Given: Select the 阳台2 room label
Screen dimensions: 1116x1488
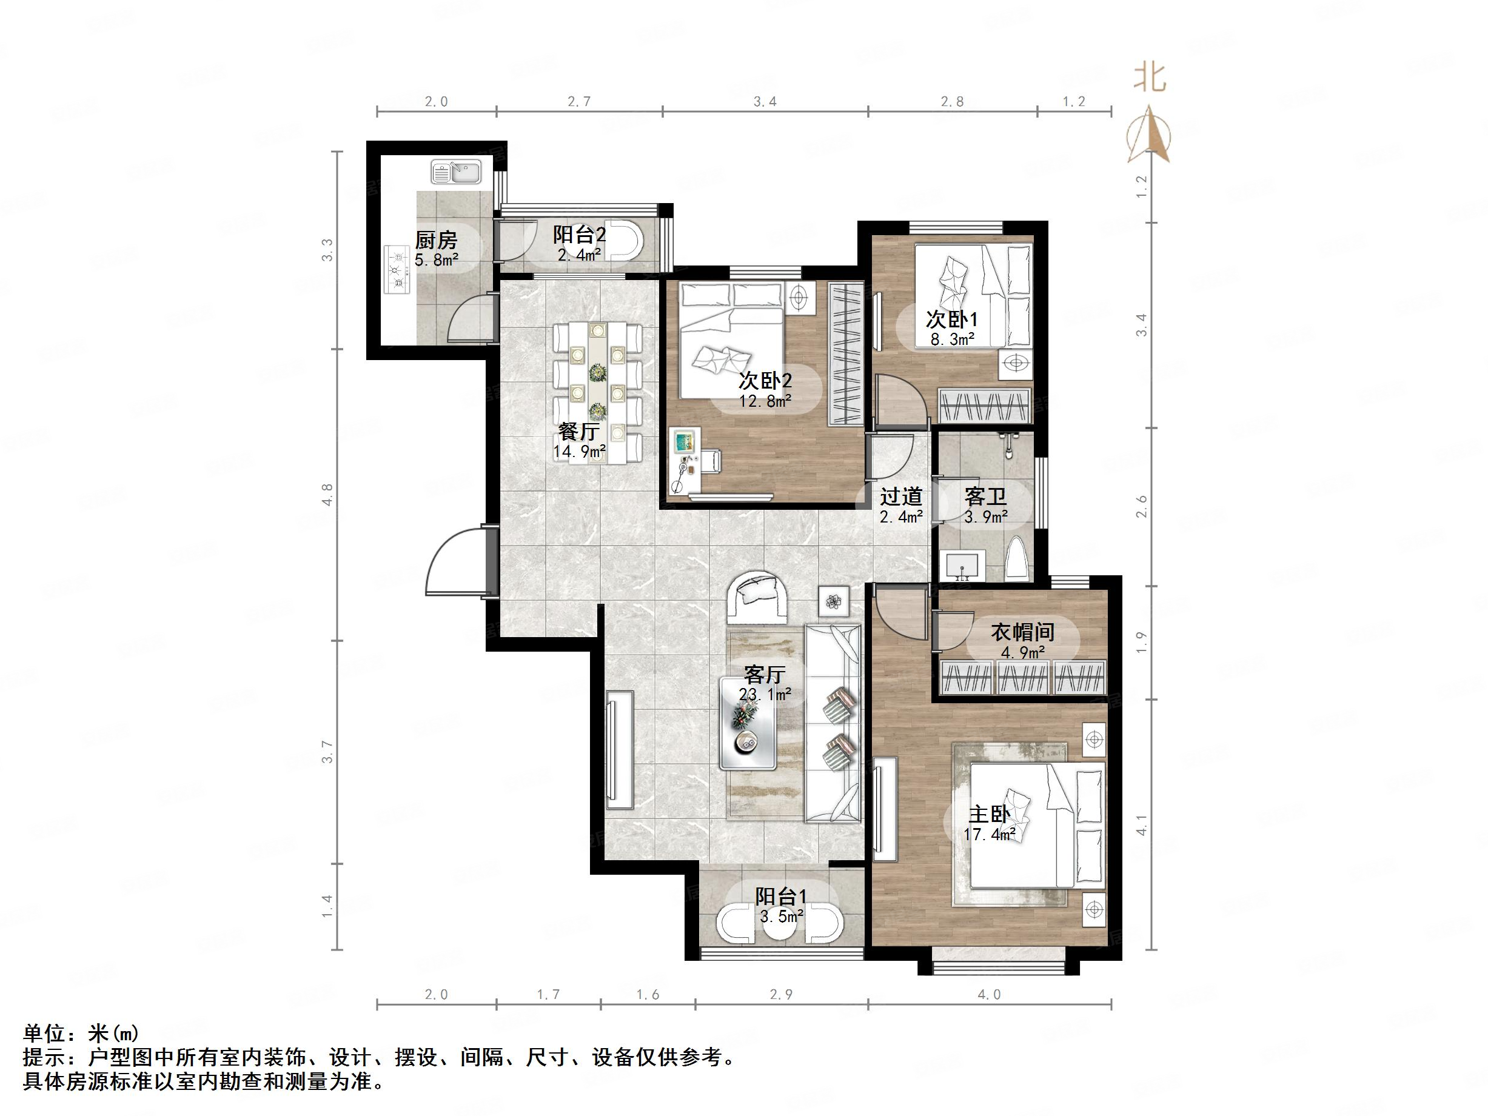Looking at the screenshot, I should click(x=578, y=235).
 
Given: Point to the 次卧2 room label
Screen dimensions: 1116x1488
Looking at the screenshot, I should click(x=765, y=381).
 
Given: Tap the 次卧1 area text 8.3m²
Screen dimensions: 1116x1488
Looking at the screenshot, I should click(x=953, y=339).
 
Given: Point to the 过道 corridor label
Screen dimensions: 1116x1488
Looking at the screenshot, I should click(x=900, y=496).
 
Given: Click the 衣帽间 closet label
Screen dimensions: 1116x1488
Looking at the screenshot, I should click(x=1022, y=632).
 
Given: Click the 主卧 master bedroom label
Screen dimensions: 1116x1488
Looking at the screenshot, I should click(x=989, y=815).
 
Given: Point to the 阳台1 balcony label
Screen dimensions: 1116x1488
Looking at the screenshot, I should click(x=780, y=896).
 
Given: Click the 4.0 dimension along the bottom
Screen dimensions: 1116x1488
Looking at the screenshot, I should click(x=989, y=995).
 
